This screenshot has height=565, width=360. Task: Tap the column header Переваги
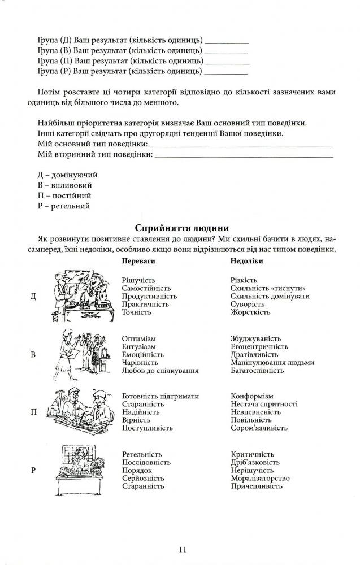(138, 262)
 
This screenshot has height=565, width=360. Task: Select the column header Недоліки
(247, 262)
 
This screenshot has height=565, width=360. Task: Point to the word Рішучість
(138, 280)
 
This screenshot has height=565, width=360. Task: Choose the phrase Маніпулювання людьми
(272, 362)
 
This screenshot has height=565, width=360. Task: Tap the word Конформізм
(252, 397)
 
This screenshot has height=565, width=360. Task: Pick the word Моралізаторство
(261, 478)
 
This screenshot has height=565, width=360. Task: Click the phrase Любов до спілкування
(161, 370)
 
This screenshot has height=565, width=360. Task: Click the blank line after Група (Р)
(226, 72)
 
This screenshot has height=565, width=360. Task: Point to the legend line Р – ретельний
(63, 206)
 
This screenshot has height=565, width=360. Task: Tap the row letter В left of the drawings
(33, 355)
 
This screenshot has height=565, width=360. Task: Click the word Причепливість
(257, 486)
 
